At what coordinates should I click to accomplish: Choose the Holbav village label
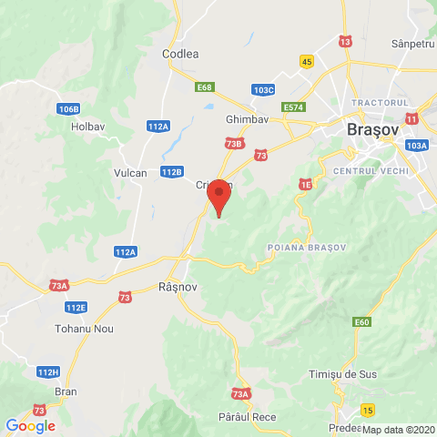point(89,127)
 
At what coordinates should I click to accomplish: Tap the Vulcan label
point(131,173)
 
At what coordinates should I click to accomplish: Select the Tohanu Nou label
point(85,328)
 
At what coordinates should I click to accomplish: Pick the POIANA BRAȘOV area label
point(307,248)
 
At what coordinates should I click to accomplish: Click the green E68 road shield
point(204,87)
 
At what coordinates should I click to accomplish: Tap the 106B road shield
point(67,109)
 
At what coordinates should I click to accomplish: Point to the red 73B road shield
point(233,143)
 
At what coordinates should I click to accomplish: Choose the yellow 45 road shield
point(307,61)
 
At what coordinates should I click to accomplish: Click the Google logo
point(30,425)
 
